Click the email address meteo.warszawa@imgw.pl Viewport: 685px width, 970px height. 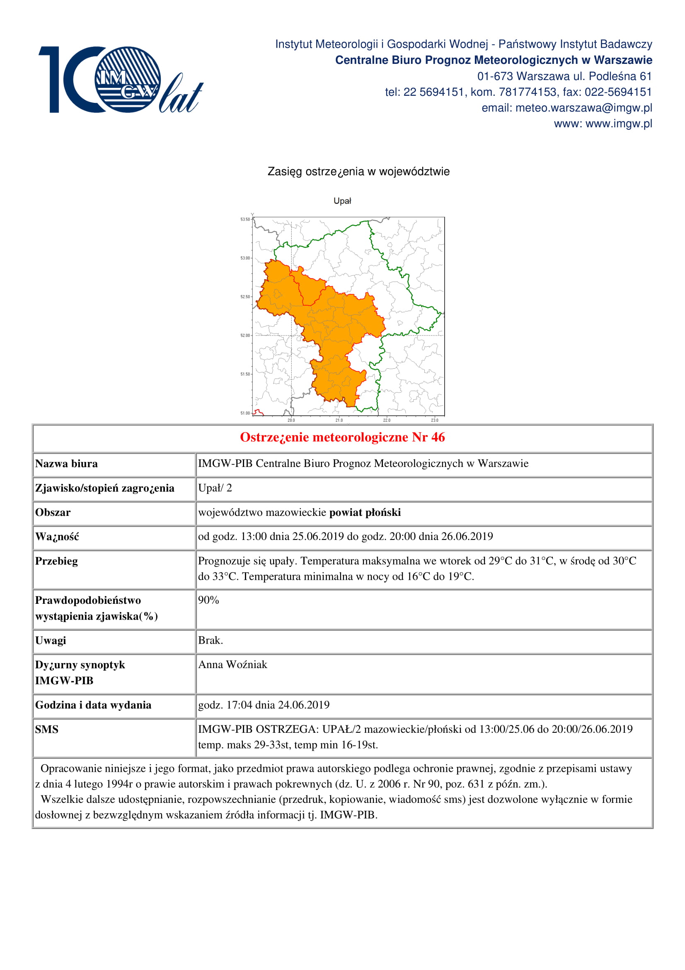(x=584, y=108)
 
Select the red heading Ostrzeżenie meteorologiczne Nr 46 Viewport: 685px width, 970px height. (x=342, y=437)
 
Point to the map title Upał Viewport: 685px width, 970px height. (x=342, y=201)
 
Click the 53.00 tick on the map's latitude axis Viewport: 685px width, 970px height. (x=245, y=258)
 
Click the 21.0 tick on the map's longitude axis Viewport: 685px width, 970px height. (x=339, y=421)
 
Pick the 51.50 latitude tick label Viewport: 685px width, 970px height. (x=245, y=374)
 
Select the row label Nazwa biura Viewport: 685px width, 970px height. (x=66, y=464)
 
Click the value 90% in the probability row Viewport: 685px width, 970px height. (x=208, y=600)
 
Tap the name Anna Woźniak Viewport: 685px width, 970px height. (x=232, y=665)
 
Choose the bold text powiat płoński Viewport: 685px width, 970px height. (x=365, y=513)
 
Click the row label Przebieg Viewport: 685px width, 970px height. (x=56, y=562)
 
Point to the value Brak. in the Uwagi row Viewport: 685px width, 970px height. (x=210, y=640)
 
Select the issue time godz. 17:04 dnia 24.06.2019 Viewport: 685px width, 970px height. (x=264, y=705)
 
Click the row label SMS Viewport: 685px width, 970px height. (x=47, y=729)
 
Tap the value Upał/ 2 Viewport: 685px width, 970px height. (x=215, y=489)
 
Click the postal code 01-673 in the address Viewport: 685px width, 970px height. (x=495, y=76)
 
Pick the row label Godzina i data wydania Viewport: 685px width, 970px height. (x=93, y=705)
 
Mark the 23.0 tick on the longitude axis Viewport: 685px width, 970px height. (x=435, y=421)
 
